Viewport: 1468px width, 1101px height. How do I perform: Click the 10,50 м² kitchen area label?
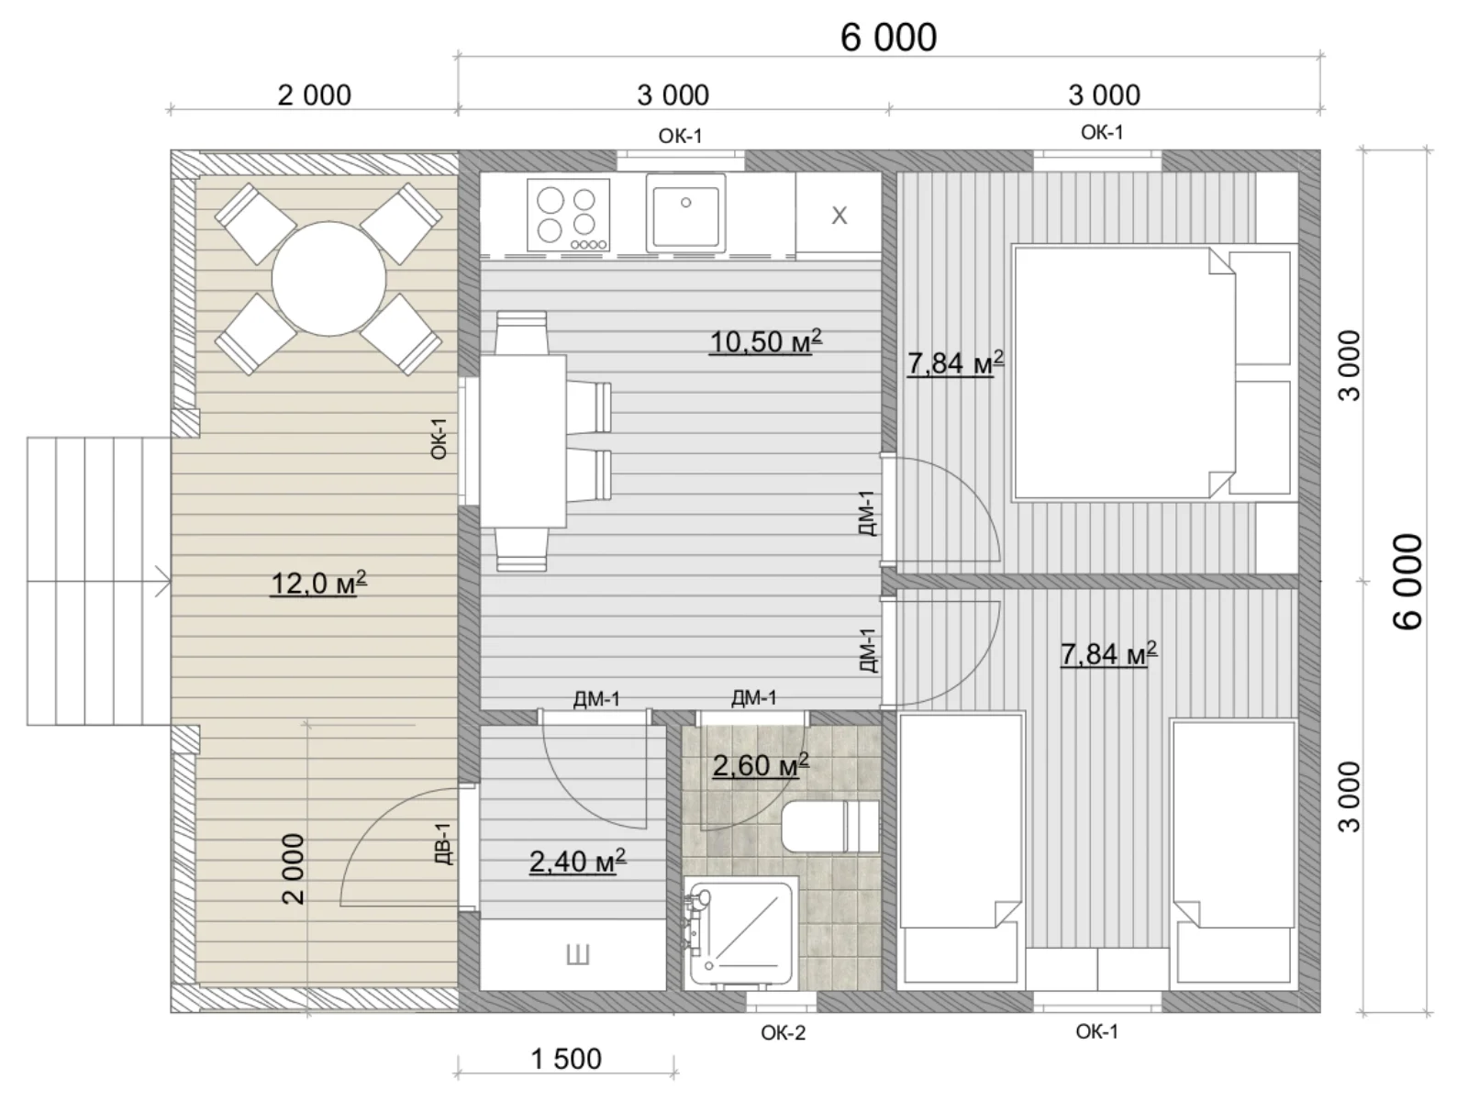(x=766, y=341)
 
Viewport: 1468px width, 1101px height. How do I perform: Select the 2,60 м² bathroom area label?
(x=761, y=765)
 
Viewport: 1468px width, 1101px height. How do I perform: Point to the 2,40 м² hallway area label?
(x=578, y=861)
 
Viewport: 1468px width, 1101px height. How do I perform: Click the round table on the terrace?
(x=329, y=279)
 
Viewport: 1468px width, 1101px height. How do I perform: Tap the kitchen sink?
(x=685, y=213)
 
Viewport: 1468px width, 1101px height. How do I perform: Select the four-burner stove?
(x=569, y=216)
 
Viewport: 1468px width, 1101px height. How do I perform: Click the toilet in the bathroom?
(x=829, y=827)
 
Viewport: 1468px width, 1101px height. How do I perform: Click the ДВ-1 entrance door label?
(x=443, y=843)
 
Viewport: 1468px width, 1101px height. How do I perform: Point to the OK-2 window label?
(x=784, y=1033)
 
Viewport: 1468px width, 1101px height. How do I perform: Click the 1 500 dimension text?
(x=566, y=1059)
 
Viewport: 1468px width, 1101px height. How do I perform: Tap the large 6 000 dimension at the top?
(x=888, y=38)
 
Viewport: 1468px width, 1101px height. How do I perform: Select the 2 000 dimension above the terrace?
(x=315, y=95)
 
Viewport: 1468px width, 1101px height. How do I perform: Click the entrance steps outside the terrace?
(x=99, y=581)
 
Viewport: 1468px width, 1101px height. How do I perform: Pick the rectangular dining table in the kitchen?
(x=523, y=441)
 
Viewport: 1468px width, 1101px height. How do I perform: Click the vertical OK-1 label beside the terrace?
(x=438, y=439)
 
